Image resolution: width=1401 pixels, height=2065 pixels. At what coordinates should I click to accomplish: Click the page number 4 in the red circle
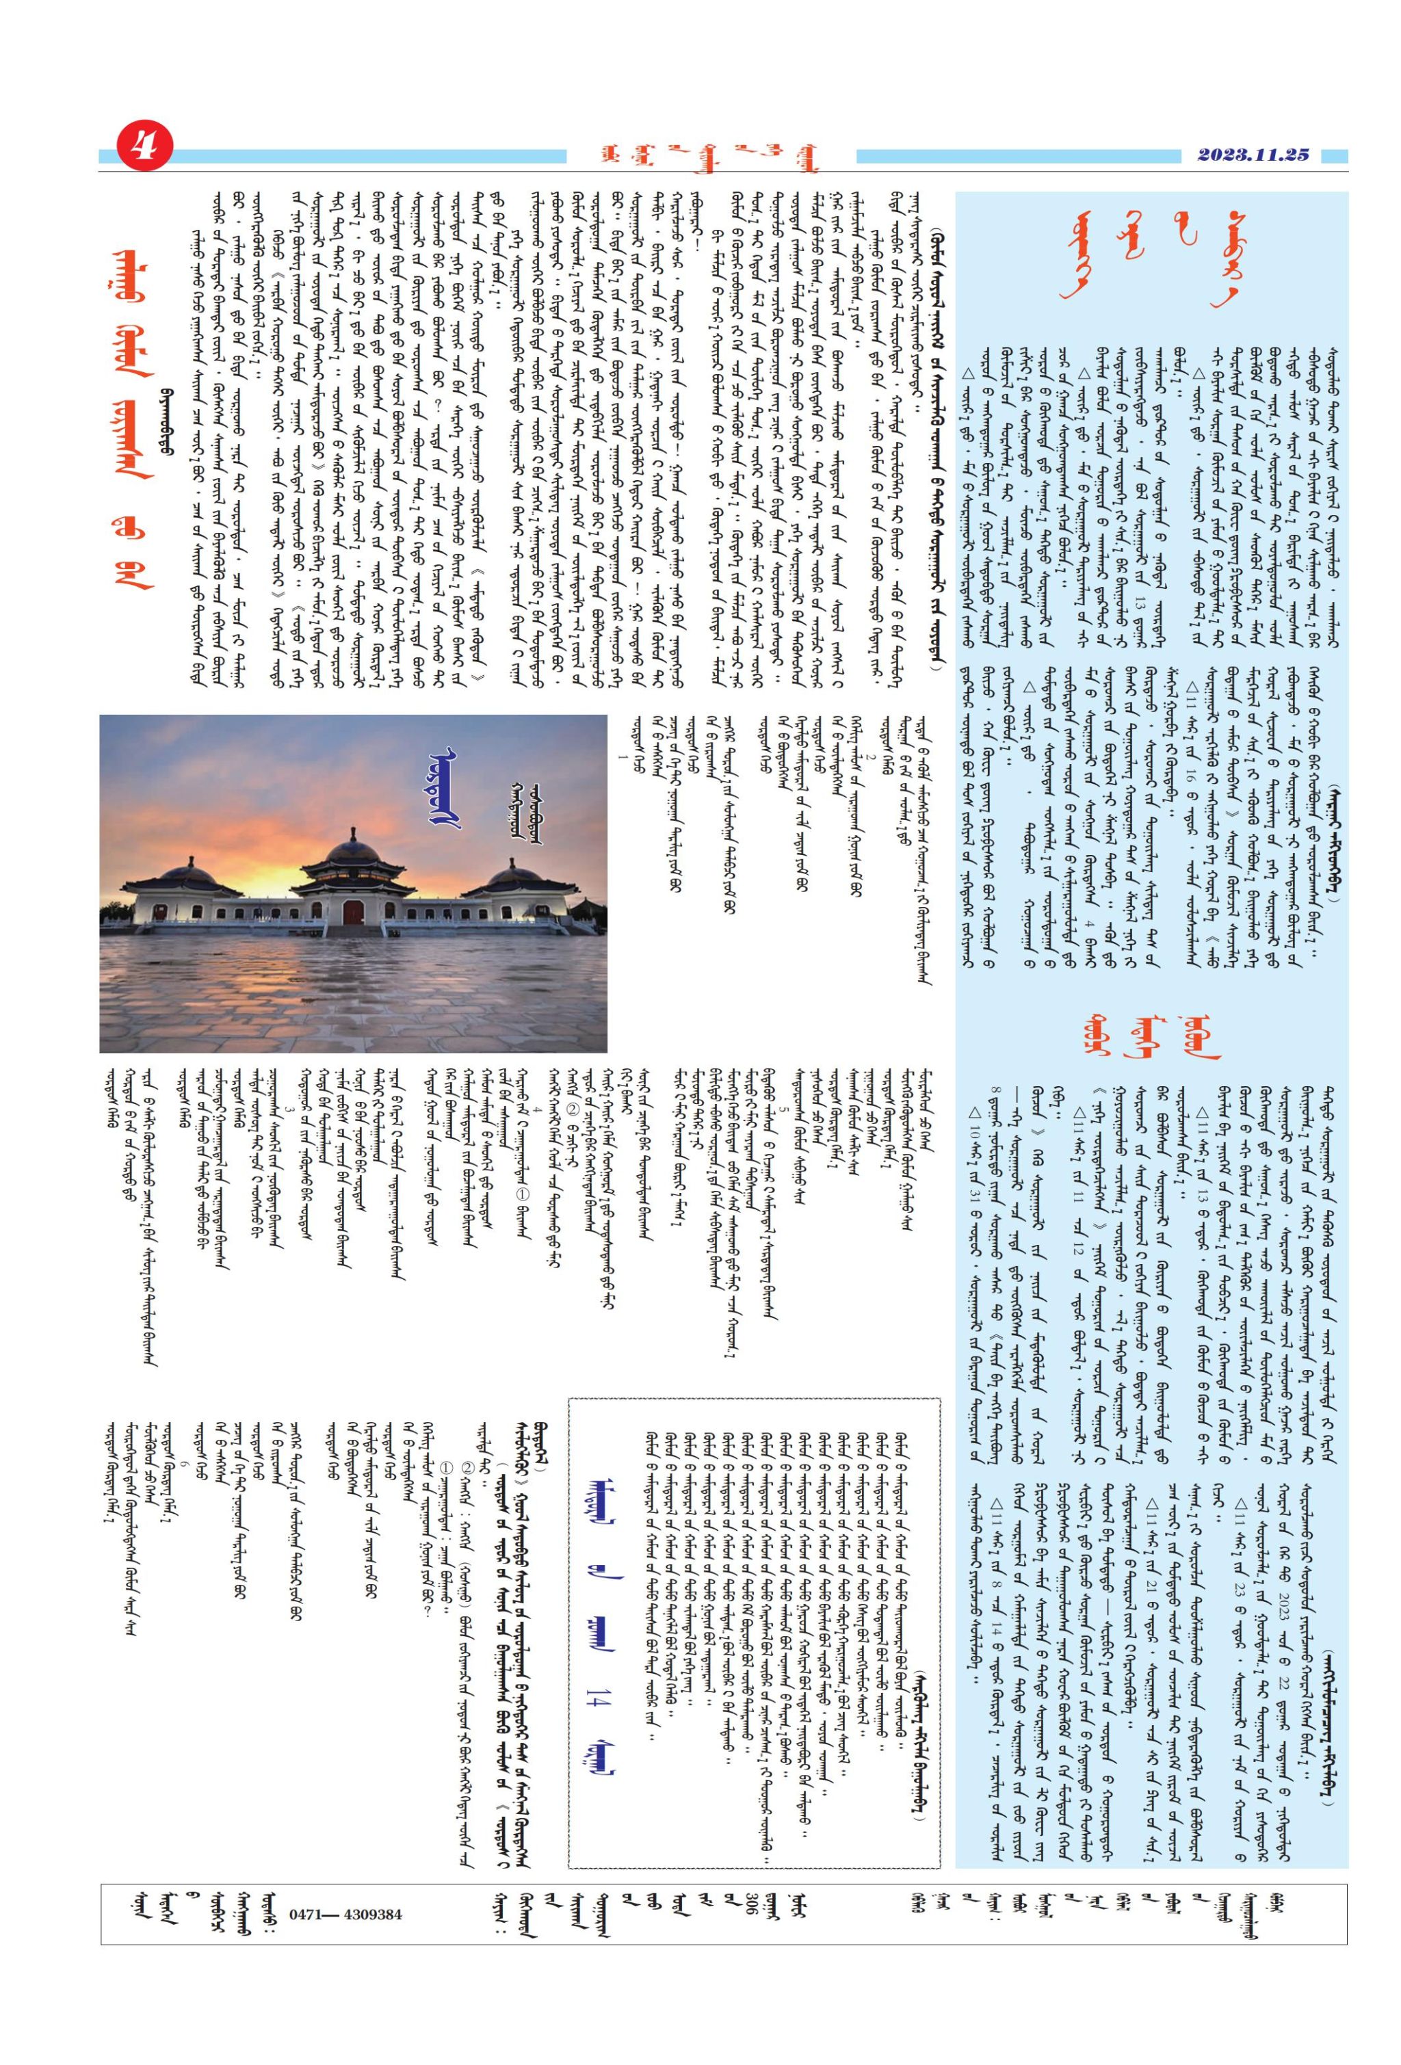[140, 146]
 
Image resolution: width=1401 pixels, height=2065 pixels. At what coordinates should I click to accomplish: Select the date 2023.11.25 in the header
[1253, 155]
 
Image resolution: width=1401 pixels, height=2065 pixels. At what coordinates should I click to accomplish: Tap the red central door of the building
[354, 912]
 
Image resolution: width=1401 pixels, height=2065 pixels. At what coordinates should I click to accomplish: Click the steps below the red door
[354, 930]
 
